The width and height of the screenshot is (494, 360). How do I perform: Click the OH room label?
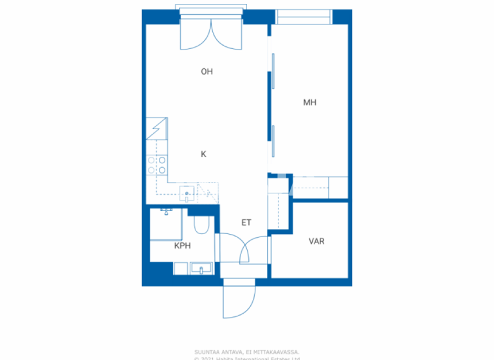[x=206, y=72]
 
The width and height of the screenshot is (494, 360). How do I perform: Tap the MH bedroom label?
[x=310, y=102]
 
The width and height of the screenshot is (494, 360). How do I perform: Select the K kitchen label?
[x=203, y=154]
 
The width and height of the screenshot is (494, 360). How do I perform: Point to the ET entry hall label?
[x=246, y=223]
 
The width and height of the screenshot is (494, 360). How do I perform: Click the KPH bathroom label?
[x=183, y=246]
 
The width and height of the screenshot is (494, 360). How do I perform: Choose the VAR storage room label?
[x=316, y=242]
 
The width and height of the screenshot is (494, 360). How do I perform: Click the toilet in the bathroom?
[x=201, y=225]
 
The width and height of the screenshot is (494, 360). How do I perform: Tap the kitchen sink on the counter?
[x=187, y=192]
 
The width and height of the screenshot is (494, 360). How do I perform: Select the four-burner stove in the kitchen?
[x=158, y=165]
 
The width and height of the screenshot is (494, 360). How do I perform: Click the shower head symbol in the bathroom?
[x=166, y=211]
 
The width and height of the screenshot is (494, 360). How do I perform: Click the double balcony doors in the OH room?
[x=211, y=33]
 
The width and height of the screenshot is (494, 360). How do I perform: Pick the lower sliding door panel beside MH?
[x=273, y=141]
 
